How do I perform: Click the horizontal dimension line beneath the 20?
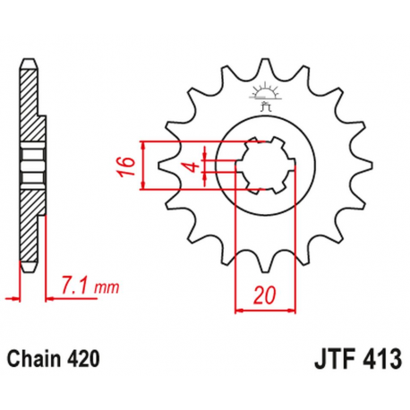(265, 311)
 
